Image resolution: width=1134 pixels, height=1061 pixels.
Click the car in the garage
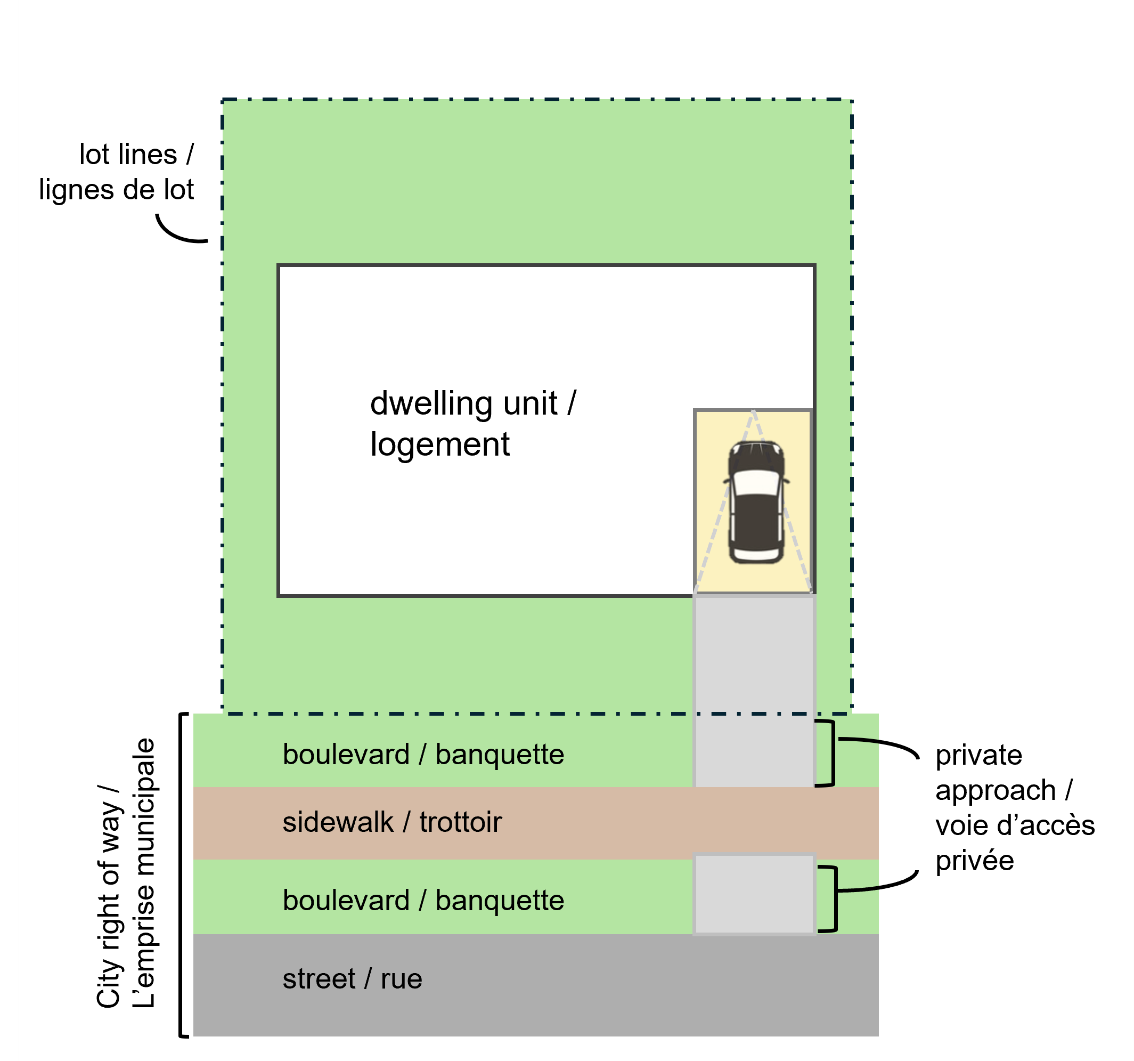[x=756, y=502]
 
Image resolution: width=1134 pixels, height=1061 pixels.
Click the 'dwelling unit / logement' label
[x=473, y=424]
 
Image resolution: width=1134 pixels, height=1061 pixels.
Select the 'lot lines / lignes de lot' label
[x=117, y=172]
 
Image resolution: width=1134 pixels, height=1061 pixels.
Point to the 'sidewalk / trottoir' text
[x=392, y=822]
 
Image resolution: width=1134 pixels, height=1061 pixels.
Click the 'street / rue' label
[x=352, y=979]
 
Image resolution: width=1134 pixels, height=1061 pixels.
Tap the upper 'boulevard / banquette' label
[x=423, y=755]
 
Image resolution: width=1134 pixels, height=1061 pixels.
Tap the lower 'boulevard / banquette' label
[x=423, y=901]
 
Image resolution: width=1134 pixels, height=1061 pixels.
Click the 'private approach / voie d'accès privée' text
[x=1014, y=807]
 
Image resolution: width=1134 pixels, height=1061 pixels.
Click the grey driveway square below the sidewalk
[x=754, y=894]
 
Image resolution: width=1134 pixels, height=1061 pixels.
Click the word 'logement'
[x=440, y=444]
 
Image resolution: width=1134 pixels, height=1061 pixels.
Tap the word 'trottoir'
[x=460, y=822]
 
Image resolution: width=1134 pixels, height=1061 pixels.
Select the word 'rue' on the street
[x=401, y=979]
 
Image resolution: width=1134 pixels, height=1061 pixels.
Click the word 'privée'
[x=974, y=861]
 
